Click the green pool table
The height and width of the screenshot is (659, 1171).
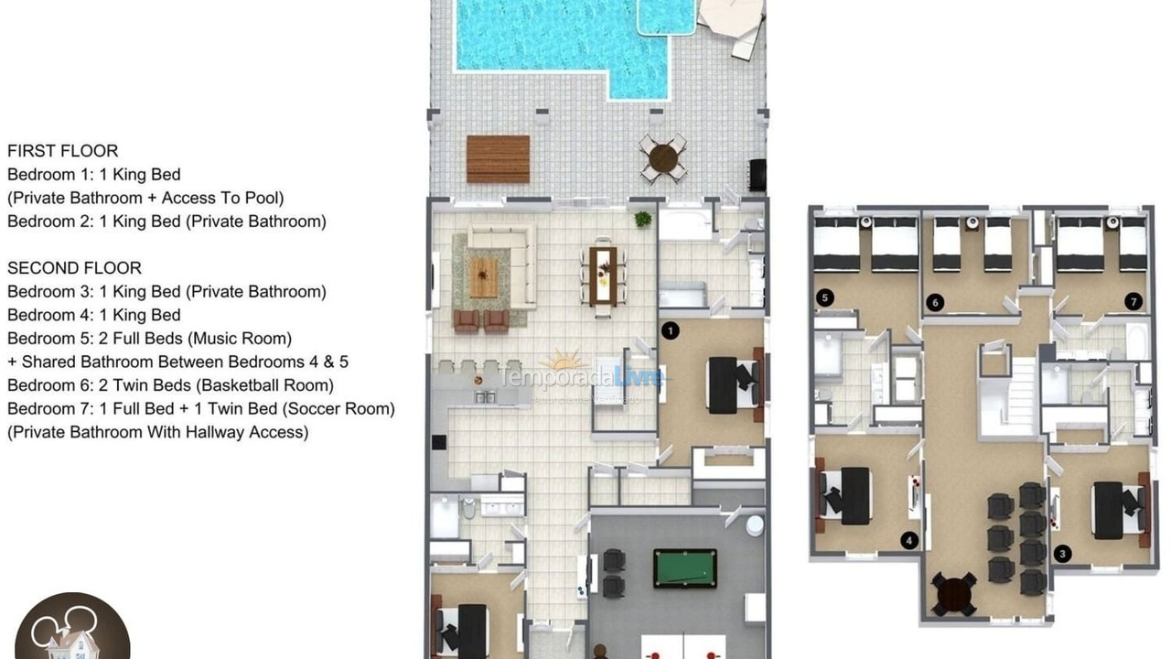[685, 567]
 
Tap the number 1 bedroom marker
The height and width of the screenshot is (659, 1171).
[670, 330]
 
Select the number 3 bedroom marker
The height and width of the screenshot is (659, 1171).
[1062, 554]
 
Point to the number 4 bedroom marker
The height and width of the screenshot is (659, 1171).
[908, 541]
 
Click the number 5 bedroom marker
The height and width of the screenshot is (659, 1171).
[824, 297]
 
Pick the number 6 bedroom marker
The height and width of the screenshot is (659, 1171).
[934, 301]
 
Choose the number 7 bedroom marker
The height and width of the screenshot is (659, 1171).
[1133, 301]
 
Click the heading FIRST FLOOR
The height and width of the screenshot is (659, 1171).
[62, 151]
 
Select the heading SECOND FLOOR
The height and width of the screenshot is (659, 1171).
[74, 268]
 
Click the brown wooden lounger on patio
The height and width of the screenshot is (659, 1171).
[498, 159]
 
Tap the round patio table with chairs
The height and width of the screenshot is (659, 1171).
[663, 159]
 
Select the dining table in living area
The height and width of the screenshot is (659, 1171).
[603, 275]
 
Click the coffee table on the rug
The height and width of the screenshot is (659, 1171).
[484, 276]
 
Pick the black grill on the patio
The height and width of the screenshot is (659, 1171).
[757, 175]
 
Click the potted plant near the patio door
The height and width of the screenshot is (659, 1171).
[643, 219]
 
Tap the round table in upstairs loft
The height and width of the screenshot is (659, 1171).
[953, 594]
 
